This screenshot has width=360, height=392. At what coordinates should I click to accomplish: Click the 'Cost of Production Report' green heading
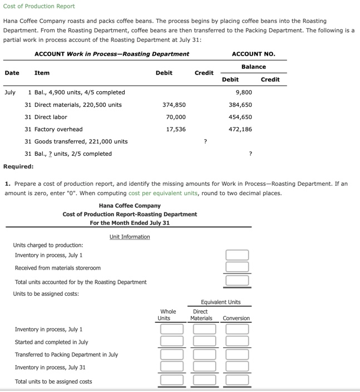pos(39,6)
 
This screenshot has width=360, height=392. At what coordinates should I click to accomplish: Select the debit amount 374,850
pos(174,105)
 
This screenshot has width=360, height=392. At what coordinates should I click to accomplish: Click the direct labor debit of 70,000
pos(176,117)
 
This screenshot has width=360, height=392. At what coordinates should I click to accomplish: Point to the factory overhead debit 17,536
pos(176,129)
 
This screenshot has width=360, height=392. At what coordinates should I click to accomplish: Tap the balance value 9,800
pos(244,92)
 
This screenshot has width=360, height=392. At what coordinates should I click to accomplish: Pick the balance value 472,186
pos(240,129)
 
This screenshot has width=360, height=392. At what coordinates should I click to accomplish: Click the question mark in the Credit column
pos(206,141)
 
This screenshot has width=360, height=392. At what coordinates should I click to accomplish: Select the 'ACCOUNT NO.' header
pos(253,54)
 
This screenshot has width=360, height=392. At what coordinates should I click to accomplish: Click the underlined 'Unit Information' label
pos(130,237)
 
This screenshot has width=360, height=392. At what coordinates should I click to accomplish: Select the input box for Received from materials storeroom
pos(237,268)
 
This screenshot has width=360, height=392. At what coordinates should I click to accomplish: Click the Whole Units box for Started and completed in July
pos(171,342)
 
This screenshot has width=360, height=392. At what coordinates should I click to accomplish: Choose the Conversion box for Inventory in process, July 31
pos(237,367)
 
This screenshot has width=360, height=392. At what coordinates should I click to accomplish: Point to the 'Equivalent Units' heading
pos(221,302)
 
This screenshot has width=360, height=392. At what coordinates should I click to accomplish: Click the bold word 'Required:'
pos(18,166)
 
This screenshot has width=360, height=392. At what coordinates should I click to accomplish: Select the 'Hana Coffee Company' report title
pos(130,206)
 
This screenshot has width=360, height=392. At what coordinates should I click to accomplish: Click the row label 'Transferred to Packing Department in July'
pos(66,355)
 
